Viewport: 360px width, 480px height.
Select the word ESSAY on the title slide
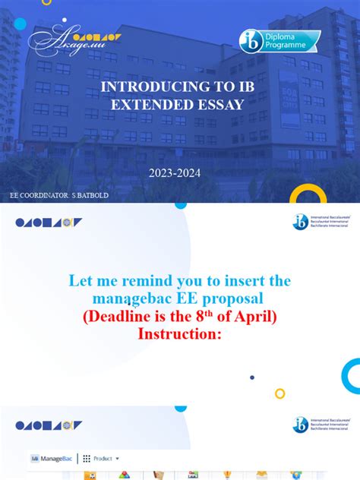219,106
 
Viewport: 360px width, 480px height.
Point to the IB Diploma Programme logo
279,41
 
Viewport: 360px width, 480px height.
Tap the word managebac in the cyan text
129,298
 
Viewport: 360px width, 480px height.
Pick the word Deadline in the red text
124,316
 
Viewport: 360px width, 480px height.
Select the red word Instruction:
179,333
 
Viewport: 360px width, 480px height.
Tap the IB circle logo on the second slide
301,222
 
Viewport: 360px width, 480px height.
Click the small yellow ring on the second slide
279,393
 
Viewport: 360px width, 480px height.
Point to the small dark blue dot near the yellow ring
252,377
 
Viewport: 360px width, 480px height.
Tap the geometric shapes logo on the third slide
49,425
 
